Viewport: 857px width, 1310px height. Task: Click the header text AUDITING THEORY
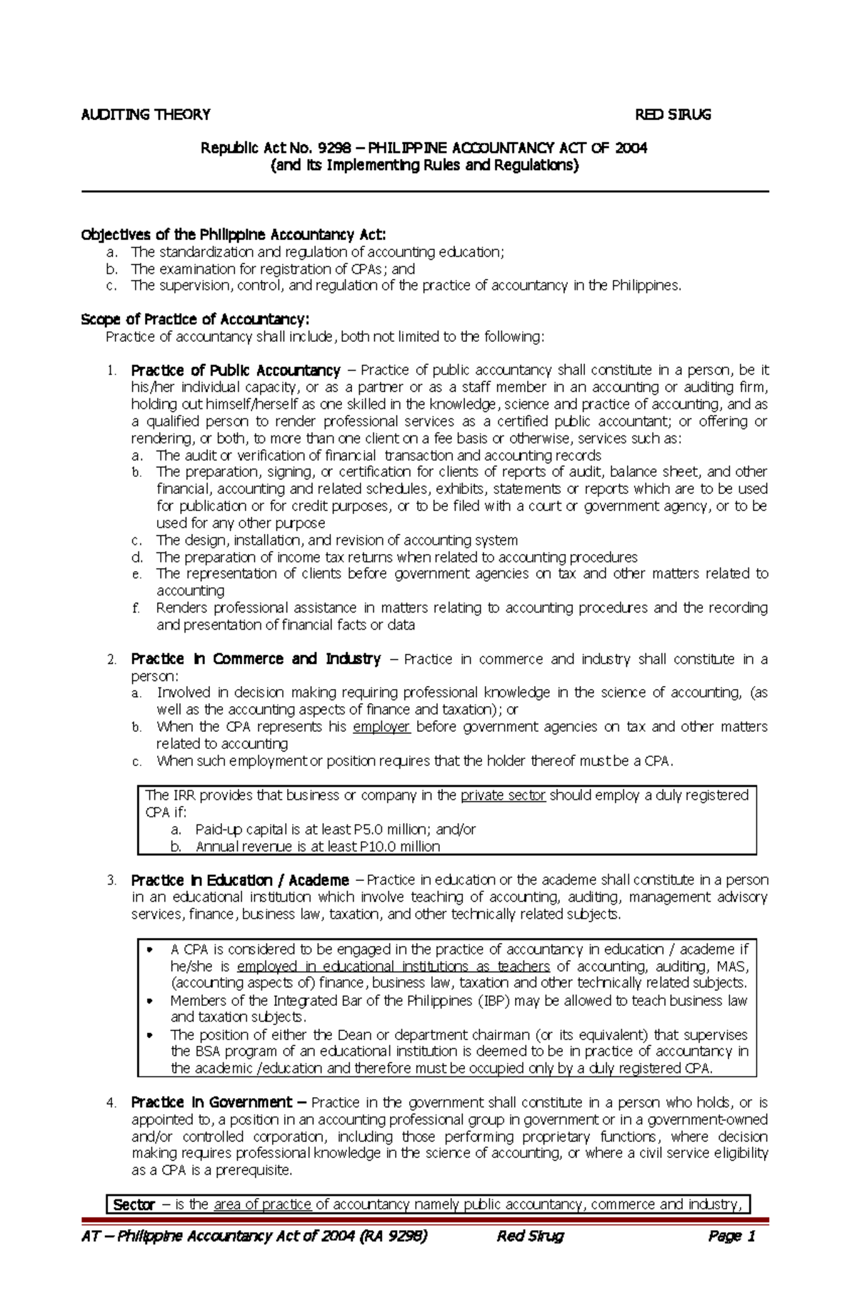[x=146, y=114]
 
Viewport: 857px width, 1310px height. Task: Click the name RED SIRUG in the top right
[x=673, y=114]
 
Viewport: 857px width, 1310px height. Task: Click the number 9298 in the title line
[x=334, y=148]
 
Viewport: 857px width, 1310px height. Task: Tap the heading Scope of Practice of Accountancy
[x=195, y=319]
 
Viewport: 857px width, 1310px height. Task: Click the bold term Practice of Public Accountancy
[x=236, y=370]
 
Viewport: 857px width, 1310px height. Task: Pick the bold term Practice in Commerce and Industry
[x=256, y=658]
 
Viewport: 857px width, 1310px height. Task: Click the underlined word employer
[x=381, y=726]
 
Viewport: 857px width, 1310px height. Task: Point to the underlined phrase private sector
[x=503, y=795]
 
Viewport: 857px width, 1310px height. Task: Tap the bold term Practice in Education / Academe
[x=240, y=880]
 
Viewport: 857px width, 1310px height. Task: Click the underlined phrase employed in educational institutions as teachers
[x=393, y=966]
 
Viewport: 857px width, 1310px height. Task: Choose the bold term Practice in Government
[x=211, y=1102]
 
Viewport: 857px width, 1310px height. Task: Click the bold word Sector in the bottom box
[x=134, y=1205]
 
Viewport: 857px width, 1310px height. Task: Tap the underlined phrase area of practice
[x=262, y=1204]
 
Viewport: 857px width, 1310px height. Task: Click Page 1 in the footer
[x=731, y=1236]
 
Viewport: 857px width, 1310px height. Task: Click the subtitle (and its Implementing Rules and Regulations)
[x=425, y=165]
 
